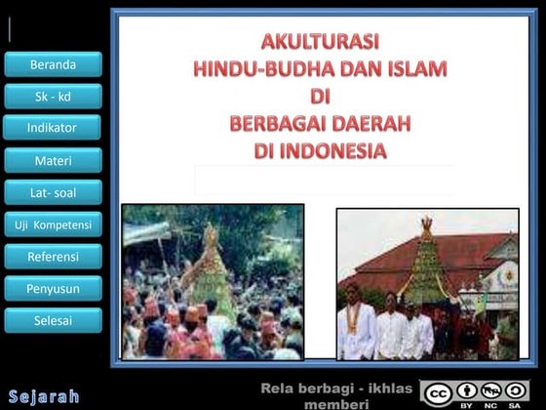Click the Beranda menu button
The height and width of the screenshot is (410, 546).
(x=53, y=64)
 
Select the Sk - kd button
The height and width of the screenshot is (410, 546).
(x=53, y=97)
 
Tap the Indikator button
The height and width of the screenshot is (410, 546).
(x=53, y=128)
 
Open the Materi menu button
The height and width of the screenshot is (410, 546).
(x=53, y=160)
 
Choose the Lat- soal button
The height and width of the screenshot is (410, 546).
(x=53, y=192)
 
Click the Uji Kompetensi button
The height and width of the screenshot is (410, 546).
(x=53, y=225)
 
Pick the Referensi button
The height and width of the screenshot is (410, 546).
(x=53, y=257)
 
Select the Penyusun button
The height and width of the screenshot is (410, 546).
(x=53, y=288)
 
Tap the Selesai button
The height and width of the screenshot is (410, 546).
(x=53, y=320)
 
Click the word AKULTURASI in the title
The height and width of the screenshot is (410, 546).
(x=320, y=42)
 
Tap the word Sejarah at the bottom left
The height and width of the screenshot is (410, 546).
(x=44, y=396)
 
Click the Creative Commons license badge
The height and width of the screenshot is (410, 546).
(x=476, y=393)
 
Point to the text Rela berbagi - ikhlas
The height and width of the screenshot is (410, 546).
(x=336, y=389)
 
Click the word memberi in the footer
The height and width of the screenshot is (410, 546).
(x=336, y=403)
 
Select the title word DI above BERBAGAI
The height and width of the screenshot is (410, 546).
(x=320, y=98)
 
